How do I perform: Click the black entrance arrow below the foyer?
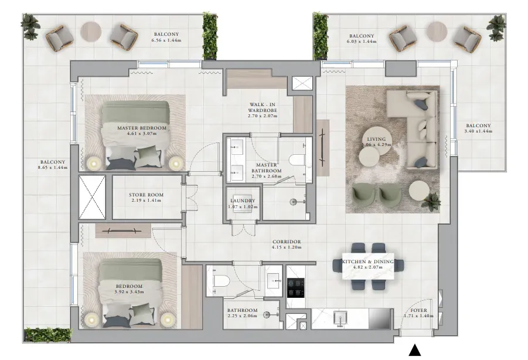[x=414, y=351]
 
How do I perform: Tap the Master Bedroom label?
[x=142, y=128]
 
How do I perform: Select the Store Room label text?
[x=146, y=195]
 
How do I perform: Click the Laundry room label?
[x=243, y=201]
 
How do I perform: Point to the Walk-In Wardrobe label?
[x=263, y=107]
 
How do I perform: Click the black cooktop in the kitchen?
[x=296, y=288]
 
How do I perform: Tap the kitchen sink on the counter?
[x=341, y=319]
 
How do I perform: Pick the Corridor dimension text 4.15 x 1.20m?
[x=287, y=247]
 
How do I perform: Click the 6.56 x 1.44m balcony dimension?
[x=166, y=40]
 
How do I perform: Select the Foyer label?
[x=418, y=311]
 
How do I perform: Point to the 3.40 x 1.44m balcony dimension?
[x=478, y=131]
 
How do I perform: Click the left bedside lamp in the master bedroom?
[x=94, y=164]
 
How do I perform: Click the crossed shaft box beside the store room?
[x=92, y=198]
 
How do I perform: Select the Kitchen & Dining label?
[x=367, y=261]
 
